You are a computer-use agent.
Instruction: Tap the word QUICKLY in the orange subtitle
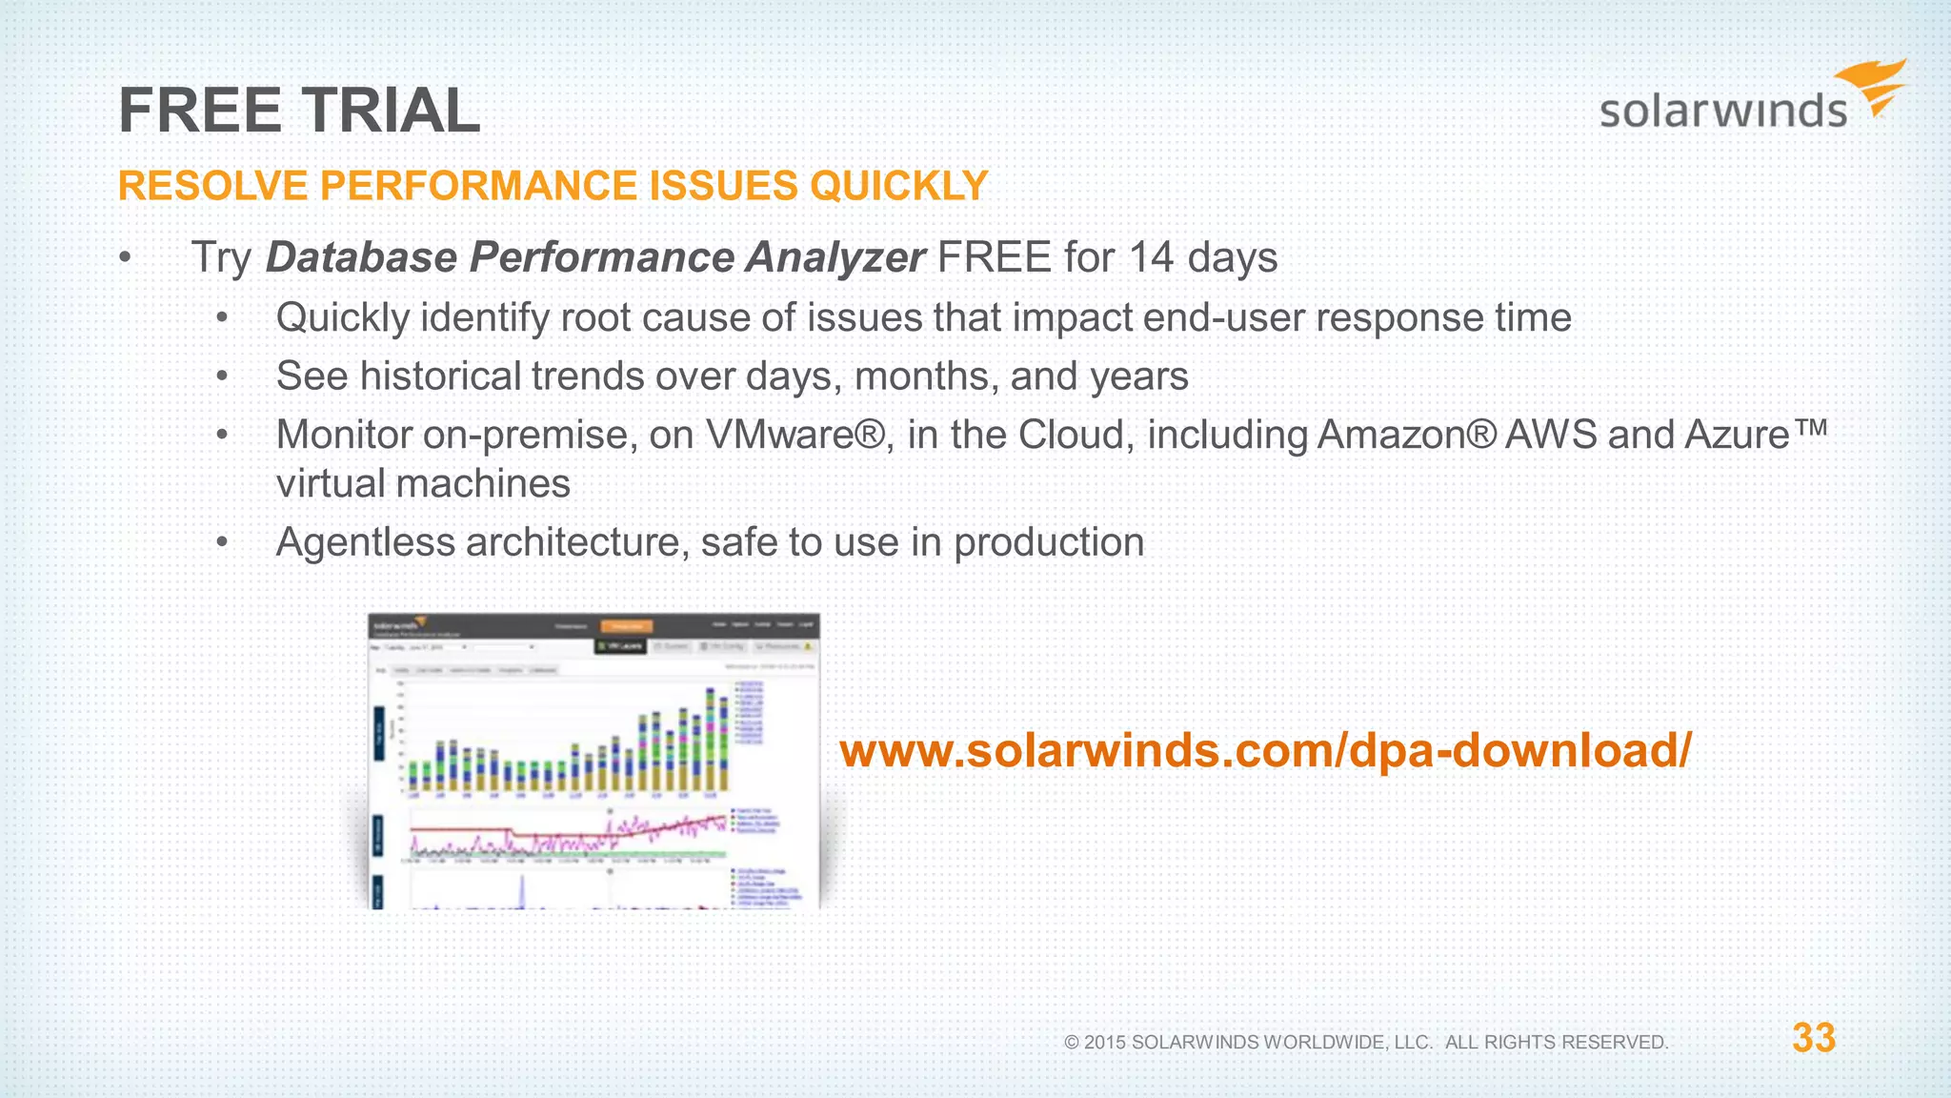tap(898, 185)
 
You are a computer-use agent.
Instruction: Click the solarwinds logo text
tap(1722, 111)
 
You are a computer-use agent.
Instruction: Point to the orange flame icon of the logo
tap(1874, 87)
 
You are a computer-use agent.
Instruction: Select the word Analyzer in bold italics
tap(835, 257)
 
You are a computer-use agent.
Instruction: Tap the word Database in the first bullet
tap(361, 257)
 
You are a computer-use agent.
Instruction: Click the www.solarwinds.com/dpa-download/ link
tap(1265, 749)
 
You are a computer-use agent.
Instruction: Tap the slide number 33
tap(1813, 1038)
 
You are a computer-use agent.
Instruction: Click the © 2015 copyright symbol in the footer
tap(1072, 1043)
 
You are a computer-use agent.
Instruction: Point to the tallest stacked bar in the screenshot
tap(710, 739)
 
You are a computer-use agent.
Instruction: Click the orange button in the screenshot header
tap(627, 626)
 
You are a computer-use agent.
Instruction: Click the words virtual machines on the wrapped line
tap(423, 484)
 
